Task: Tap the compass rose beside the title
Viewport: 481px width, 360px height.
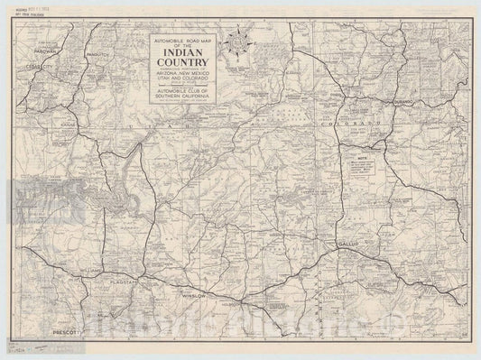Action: click(x=238, y=42)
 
